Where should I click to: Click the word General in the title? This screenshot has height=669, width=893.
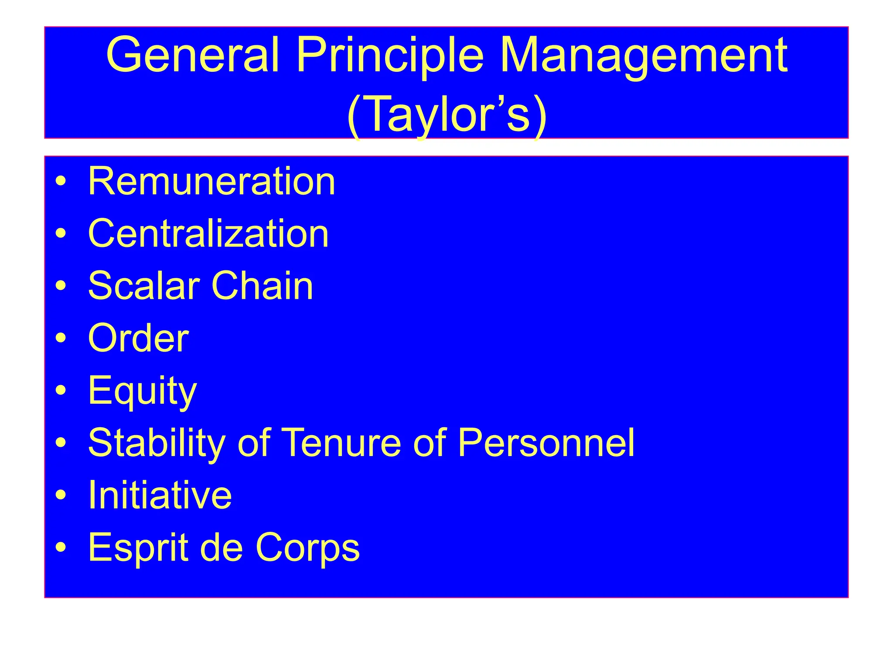(x=192, y=56)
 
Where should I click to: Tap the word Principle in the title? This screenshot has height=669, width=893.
(x=390, y=56)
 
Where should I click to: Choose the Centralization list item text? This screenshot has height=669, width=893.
(x=208, y=234)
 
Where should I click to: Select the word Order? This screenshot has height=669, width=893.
(x=138, y=338)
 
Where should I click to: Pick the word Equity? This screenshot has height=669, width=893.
(x=142, y=391)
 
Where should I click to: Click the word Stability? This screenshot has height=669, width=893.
(x=157, y=443)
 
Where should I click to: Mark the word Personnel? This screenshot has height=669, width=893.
(x=546, y=443)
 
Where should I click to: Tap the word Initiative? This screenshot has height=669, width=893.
(x=160, y=495)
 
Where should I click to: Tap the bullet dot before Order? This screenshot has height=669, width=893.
(x=61, y=338)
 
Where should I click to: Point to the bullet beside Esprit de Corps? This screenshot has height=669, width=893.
(x=61, y=547)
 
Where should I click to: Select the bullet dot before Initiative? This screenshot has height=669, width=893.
(x=61, y=495)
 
